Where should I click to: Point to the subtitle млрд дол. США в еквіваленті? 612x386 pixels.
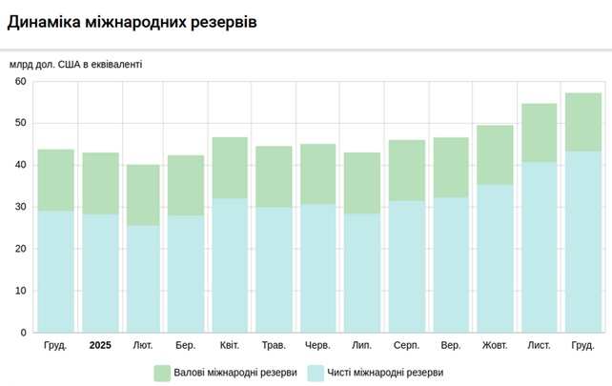click(x=76, y=65)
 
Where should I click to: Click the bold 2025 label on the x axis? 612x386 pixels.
click(x=100, y=345)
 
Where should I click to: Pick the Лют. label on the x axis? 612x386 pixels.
click(x=143, y=345)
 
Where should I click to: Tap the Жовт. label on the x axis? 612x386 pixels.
click(x=495, y=345)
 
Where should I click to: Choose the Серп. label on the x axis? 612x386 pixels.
click(x=406, y=345)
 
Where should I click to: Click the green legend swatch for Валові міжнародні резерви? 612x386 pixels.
click(x=162, y=373)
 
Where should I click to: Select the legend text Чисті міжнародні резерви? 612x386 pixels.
click(x=384, y=373)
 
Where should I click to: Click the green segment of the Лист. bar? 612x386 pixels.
click(x=539, y=132)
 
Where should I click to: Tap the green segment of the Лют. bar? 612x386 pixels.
click(x=143, y=194)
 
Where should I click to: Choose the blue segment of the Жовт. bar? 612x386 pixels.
click(x=495, y=258)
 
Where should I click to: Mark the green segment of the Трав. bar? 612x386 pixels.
click(x=274, y=176)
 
